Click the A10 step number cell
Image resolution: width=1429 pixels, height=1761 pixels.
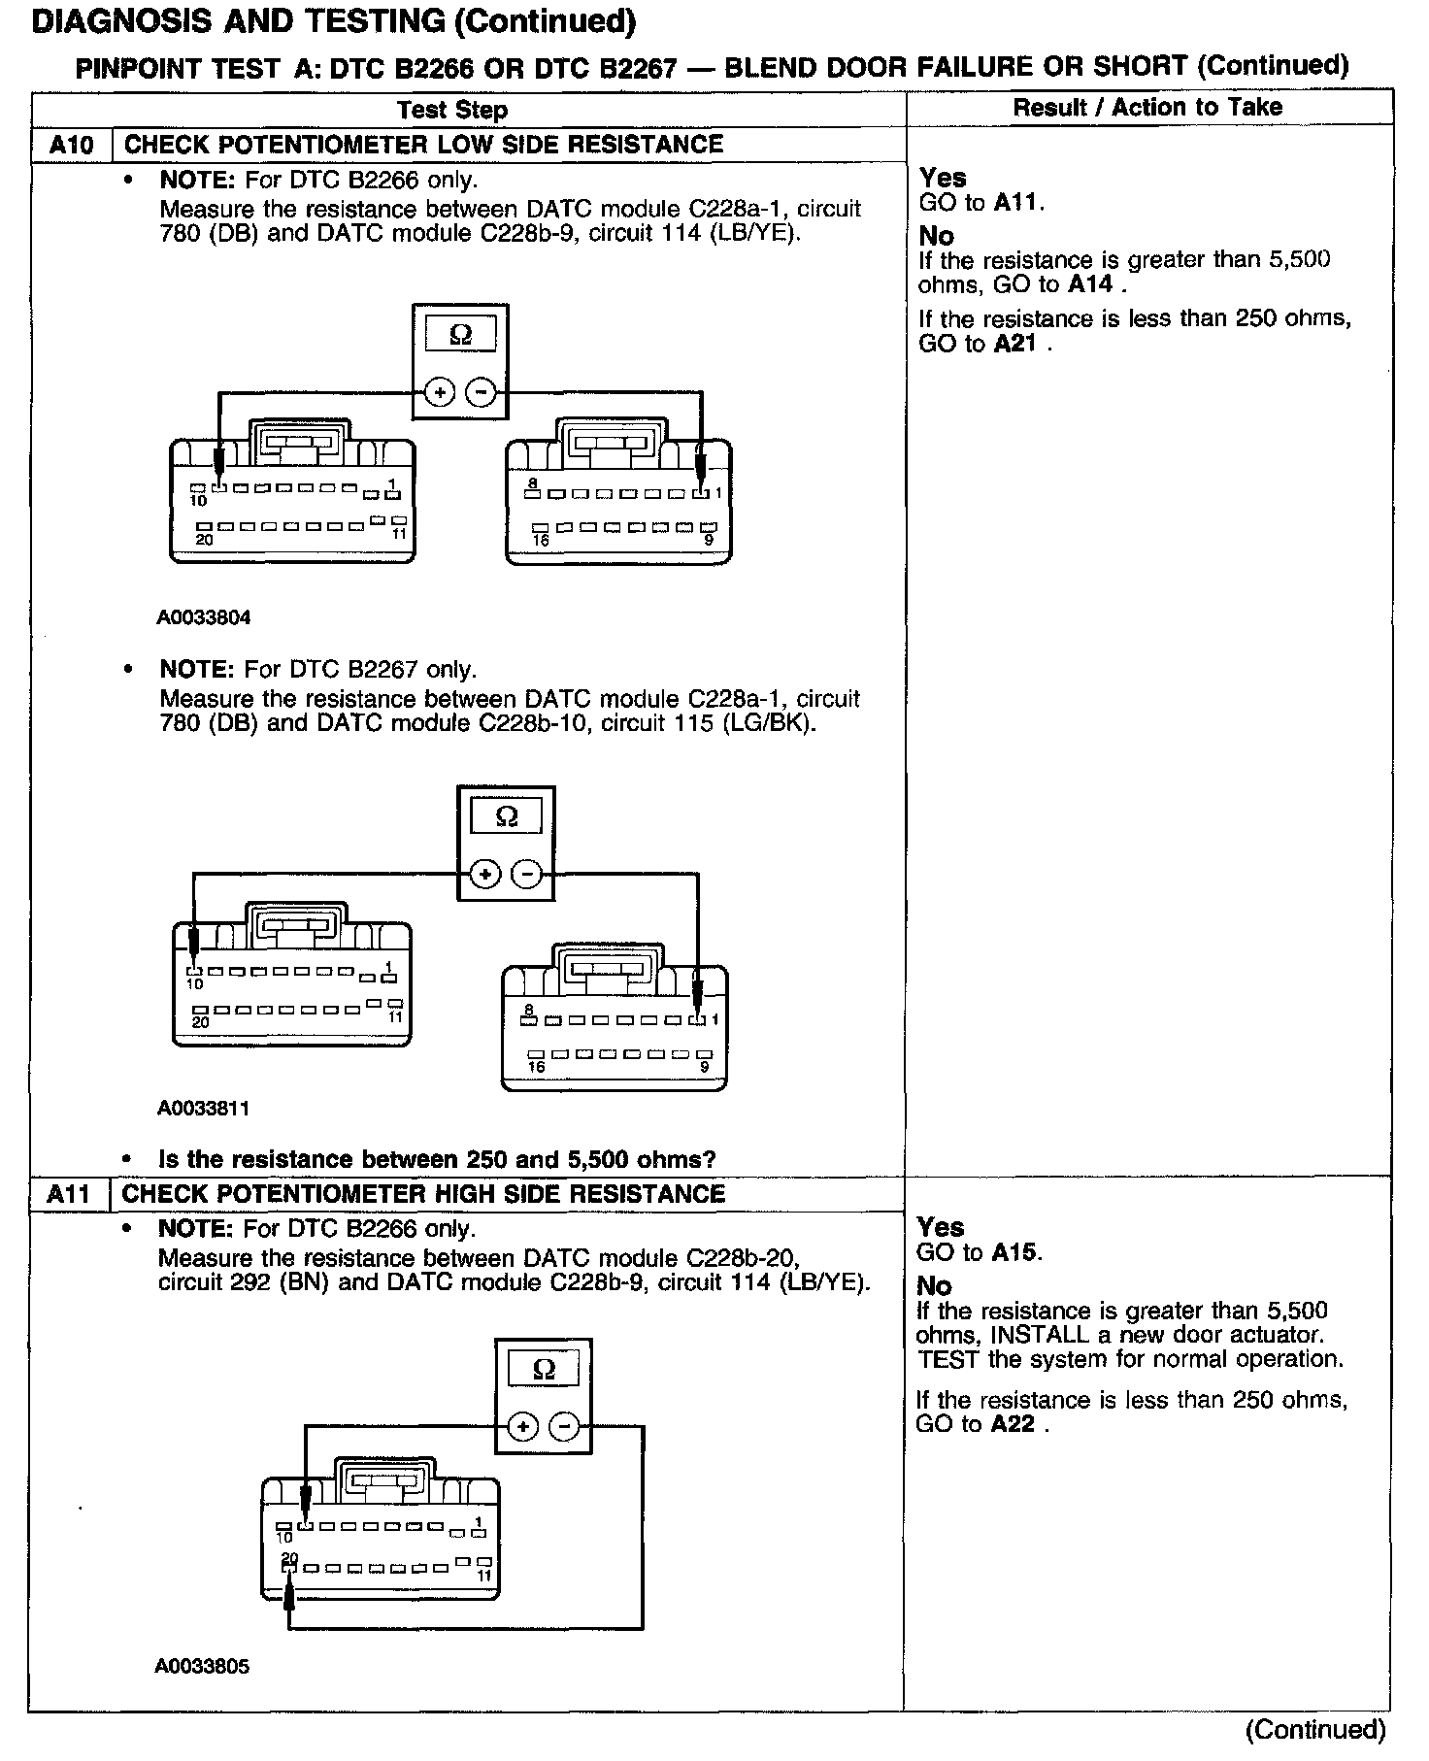[72, 146]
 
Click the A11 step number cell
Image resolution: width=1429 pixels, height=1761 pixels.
[69, 1194]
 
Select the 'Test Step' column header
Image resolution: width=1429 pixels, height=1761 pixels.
[452, 109]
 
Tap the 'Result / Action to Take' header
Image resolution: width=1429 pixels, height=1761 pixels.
[1147, 107]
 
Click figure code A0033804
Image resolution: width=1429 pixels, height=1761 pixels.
[204, 617]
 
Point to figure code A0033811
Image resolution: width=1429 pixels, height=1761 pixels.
[204, 1108]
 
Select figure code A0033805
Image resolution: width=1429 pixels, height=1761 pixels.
[202, 1666]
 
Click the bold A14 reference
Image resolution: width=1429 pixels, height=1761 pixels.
[1089, 285]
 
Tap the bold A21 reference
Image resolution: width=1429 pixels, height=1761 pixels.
[1015, 344]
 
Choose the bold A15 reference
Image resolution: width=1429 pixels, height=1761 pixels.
[1014, 1252]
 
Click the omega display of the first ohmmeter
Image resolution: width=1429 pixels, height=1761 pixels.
[461, 335]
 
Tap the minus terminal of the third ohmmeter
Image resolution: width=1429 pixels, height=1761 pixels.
[564, 1426]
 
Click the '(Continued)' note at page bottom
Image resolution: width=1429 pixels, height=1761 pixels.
[1315, 1729]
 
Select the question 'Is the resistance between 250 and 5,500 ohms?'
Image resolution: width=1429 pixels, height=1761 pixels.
[437, 1159]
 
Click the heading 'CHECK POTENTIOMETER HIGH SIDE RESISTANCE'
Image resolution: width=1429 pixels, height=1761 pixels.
[423, 1194]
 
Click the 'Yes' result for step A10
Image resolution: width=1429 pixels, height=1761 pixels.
[943, 178]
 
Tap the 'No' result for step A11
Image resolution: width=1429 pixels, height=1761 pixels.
[935, 1286]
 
